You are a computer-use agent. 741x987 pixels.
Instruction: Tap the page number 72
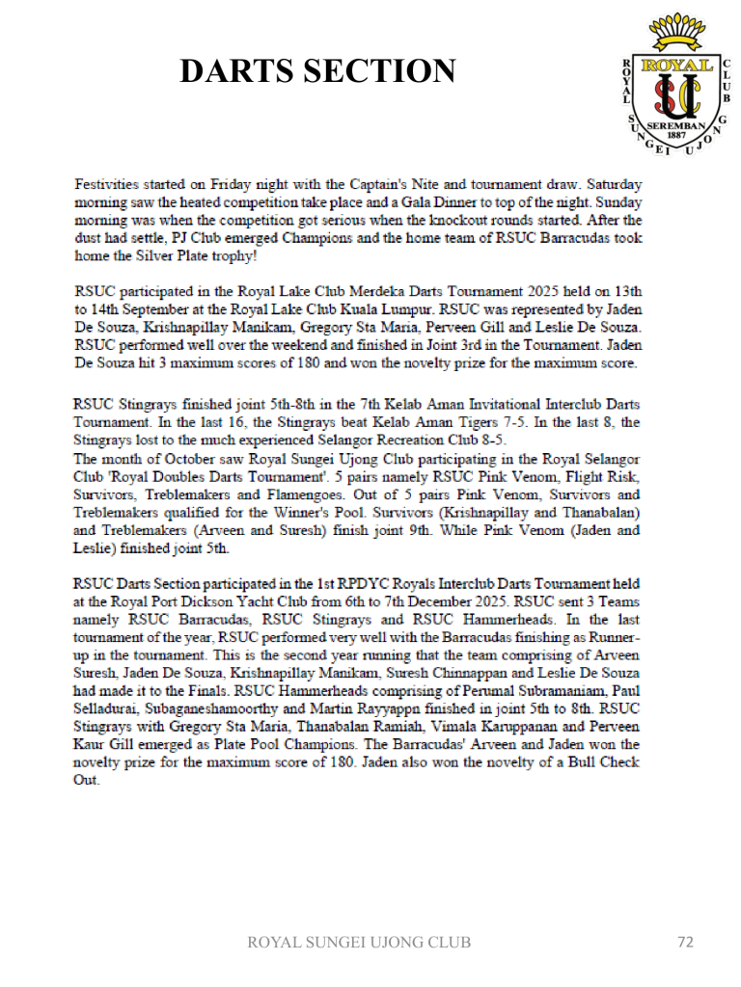coord(685,942)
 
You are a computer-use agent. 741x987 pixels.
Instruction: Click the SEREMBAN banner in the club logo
coord(676,126)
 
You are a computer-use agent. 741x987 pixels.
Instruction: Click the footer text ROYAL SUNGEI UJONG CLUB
coord(359,942)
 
